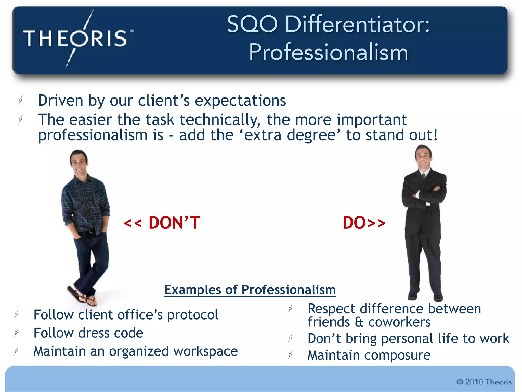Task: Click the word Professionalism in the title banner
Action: click(x=328, y=52)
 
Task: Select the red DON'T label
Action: click(x=162, y=223)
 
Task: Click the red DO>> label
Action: click(x=364, y=223)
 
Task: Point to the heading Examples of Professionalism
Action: click(x=250, y=290)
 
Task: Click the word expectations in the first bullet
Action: click(x=240, y=101)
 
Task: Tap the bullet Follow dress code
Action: click(x=88, y=333)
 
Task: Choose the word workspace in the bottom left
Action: click(x=205, y=351)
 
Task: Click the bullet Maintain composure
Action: click(x=369, y=355)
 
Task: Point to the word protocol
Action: click(x=193, y=315)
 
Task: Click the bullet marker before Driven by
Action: click(x=20, y=100)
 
